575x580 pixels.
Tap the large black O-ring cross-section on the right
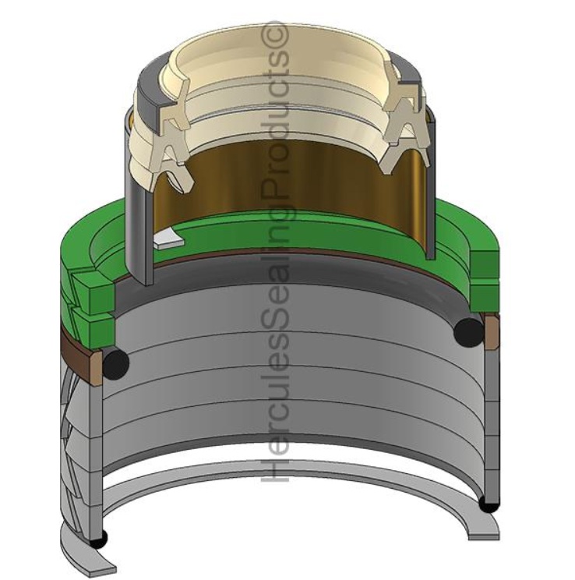[x=468, y=331]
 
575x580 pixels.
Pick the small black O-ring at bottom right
[x=489, y=504]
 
